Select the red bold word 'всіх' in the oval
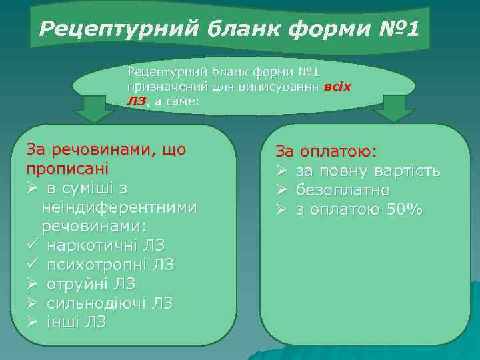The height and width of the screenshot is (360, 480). pos(337,87)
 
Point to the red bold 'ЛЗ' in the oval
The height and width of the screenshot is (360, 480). pos(135,101)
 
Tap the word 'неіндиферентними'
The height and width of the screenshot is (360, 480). pos(119,207)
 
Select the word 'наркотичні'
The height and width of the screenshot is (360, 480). pos(90,245)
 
